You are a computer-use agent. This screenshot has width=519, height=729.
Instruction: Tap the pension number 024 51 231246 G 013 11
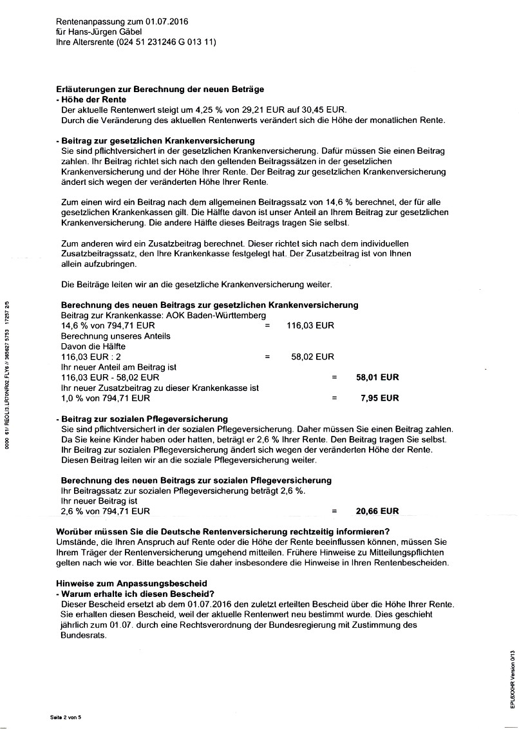pos(166,42)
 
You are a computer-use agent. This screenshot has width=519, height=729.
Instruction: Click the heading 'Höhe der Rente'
pos(93,100)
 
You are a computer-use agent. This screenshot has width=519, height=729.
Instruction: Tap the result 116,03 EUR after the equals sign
pos(310,326)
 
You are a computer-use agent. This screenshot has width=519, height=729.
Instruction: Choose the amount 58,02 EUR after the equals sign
pos(312,357)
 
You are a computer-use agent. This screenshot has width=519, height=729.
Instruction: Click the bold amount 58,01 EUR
pos(377,377)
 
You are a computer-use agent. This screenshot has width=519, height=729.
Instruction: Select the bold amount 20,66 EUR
pos(377,511)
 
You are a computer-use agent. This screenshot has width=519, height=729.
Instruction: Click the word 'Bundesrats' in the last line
pos(82,635)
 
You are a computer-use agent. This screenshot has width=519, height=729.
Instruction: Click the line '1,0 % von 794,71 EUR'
pos(106,398)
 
